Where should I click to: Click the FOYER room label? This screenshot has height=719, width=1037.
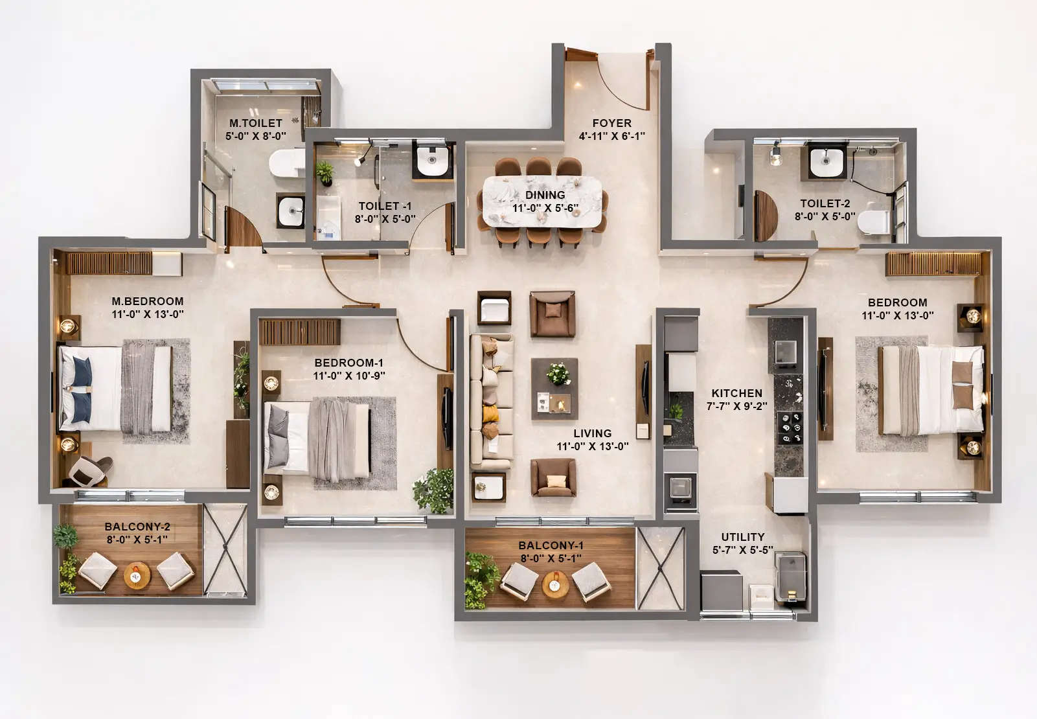coord(611,123)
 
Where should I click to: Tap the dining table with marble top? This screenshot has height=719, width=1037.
coord(542,201)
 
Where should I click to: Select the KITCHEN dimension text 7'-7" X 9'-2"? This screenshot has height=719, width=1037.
coord(736,406)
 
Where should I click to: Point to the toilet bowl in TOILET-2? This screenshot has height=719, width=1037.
coord(872,222)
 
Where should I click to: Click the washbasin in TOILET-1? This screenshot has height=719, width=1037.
coord(433,161)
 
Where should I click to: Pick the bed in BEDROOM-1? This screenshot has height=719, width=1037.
coord(317,437)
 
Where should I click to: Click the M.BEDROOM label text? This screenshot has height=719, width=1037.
coord(147,301)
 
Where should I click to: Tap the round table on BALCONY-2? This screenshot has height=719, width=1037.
coord(137,575)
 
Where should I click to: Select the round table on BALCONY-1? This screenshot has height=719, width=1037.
coord(555,585)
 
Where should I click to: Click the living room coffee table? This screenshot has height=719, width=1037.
coord(554,389)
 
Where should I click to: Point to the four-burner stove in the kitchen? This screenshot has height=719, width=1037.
coord(789,428)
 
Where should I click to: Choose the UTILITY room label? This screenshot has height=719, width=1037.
coord(742,537)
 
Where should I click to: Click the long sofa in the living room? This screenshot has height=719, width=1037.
coord(491,401)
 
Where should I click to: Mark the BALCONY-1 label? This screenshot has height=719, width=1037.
coord(551,545)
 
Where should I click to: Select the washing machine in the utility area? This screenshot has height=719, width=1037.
coord(791,576)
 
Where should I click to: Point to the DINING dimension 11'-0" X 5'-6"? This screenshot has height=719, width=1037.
coord(545,208)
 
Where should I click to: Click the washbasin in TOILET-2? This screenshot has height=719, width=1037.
coord(826,160)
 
